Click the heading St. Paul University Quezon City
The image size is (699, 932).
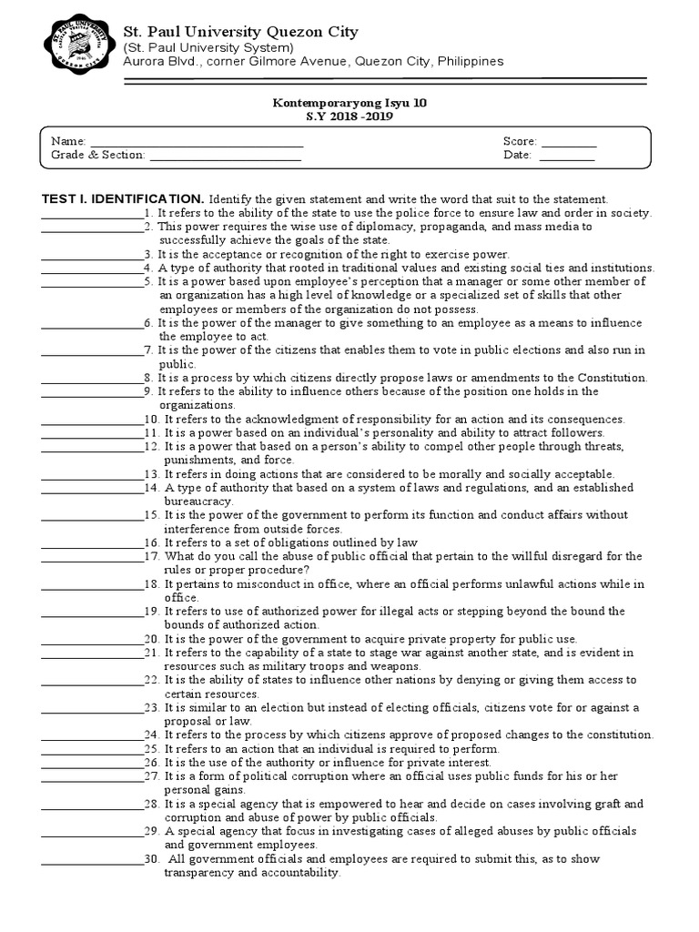[241, 32]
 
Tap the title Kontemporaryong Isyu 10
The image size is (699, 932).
[349, 104]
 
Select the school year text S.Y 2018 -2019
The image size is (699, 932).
[349, 117]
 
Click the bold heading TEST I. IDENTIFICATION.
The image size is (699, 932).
[123, 198]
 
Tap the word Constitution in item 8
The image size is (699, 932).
[613, 378]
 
